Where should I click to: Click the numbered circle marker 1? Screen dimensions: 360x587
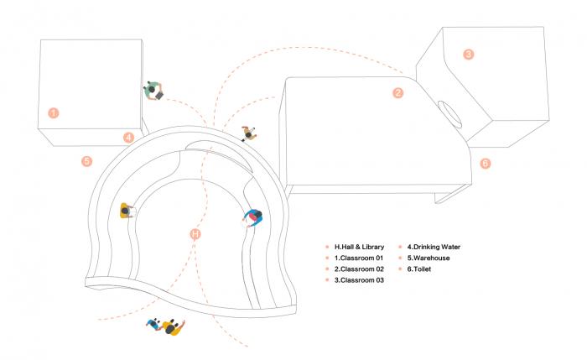point(54,112)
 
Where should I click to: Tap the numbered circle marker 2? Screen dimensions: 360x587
point(398,92)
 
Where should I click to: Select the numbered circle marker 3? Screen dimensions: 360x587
point(469,55)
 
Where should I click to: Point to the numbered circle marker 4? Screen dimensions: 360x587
point(128,137)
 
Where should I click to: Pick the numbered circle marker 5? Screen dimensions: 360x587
point(86,159)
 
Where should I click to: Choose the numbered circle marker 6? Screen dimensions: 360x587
point(486,163)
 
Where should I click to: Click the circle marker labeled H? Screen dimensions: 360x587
point(195,234)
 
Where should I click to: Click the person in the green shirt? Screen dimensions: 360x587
point(153,89)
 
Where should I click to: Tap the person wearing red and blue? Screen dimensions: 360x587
point(253,218)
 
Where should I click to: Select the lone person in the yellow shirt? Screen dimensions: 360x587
point(126,210)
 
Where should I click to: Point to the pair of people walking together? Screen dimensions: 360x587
point(164,326)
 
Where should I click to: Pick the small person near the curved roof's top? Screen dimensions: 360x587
point(248,133)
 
